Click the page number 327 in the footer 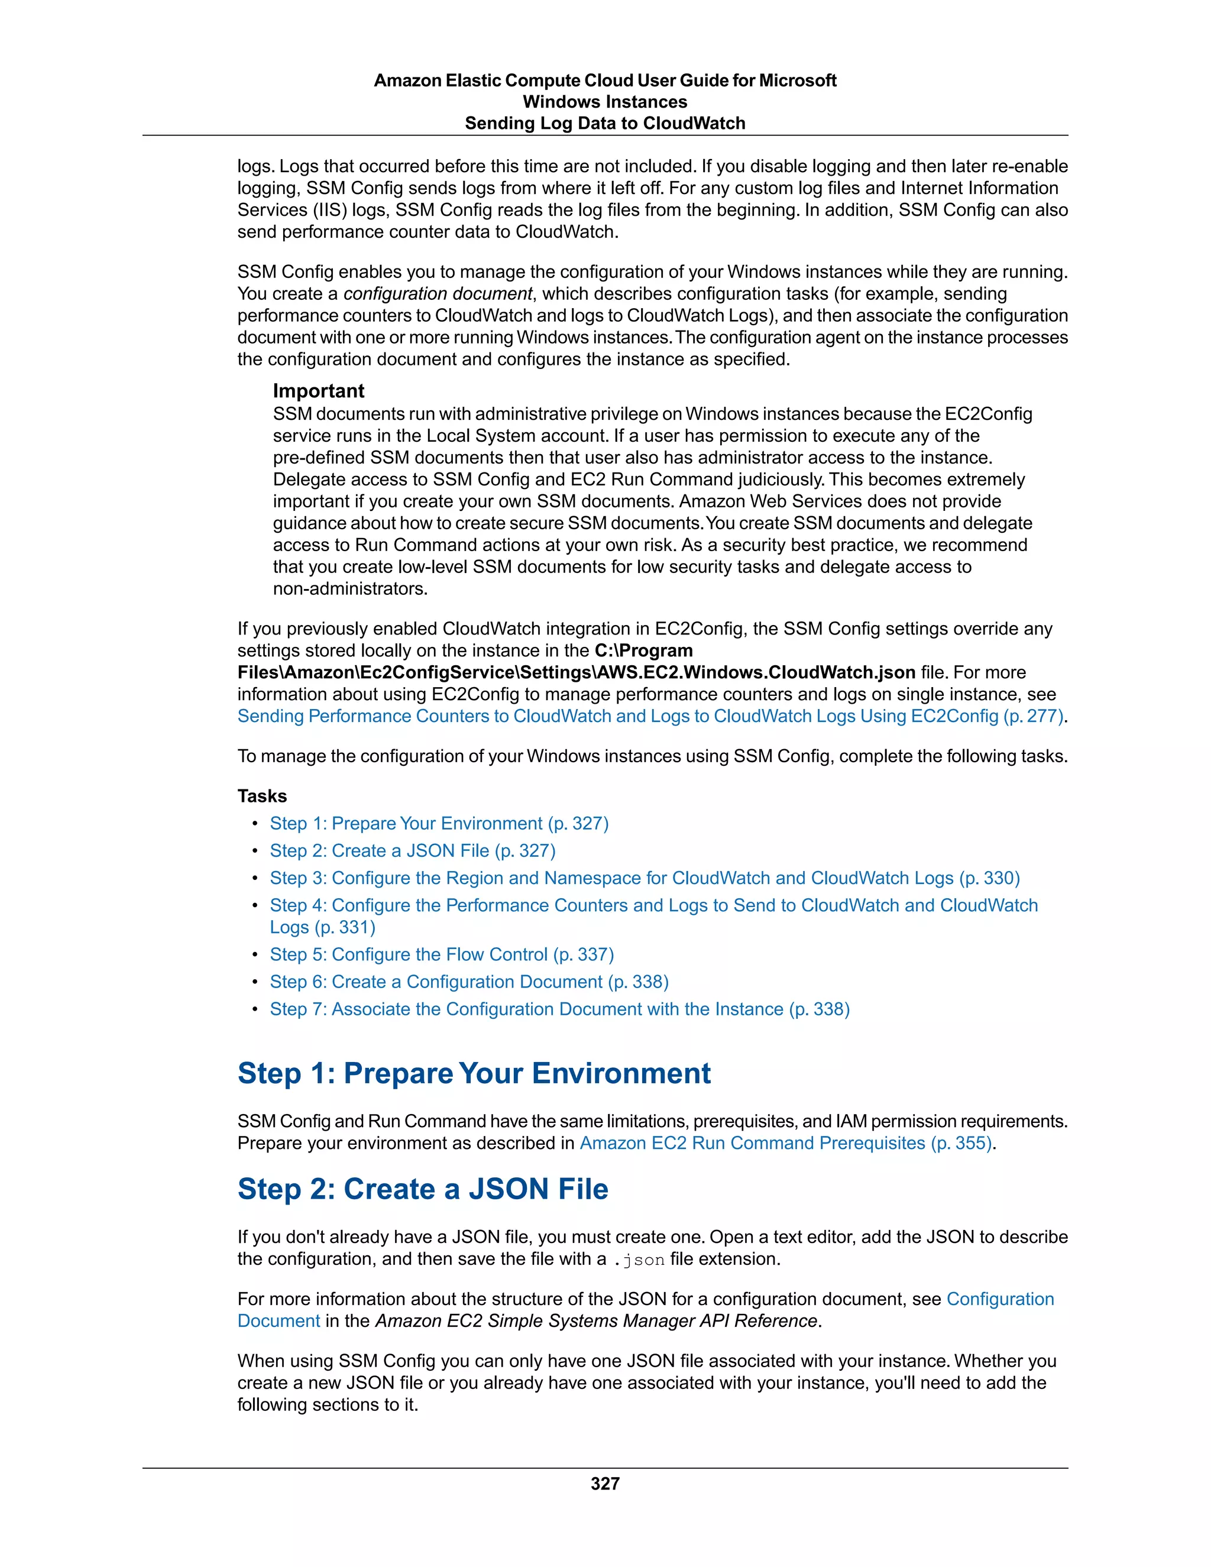(605, 1483)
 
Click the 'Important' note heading (319, 391)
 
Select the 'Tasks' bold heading (262, 796)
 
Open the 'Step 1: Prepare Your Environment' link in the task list (439, 823)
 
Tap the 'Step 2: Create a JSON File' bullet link (413, 850)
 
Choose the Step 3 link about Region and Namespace (645, 878)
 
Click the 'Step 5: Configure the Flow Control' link (442, 954)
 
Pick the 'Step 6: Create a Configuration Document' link (469, 982)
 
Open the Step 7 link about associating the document (559, 1009)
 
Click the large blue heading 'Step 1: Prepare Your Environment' (474, 1073)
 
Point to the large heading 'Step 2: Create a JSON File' (423, 1189)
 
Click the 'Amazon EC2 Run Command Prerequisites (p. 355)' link (786, 1143)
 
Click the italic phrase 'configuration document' (438, 293)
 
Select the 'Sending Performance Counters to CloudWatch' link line (650, 716)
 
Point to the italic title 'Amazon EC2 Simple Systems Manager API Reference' (596, 1321)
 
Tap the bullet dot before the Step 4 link (255, 905)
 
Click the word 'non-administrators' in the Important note (349, 588)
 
